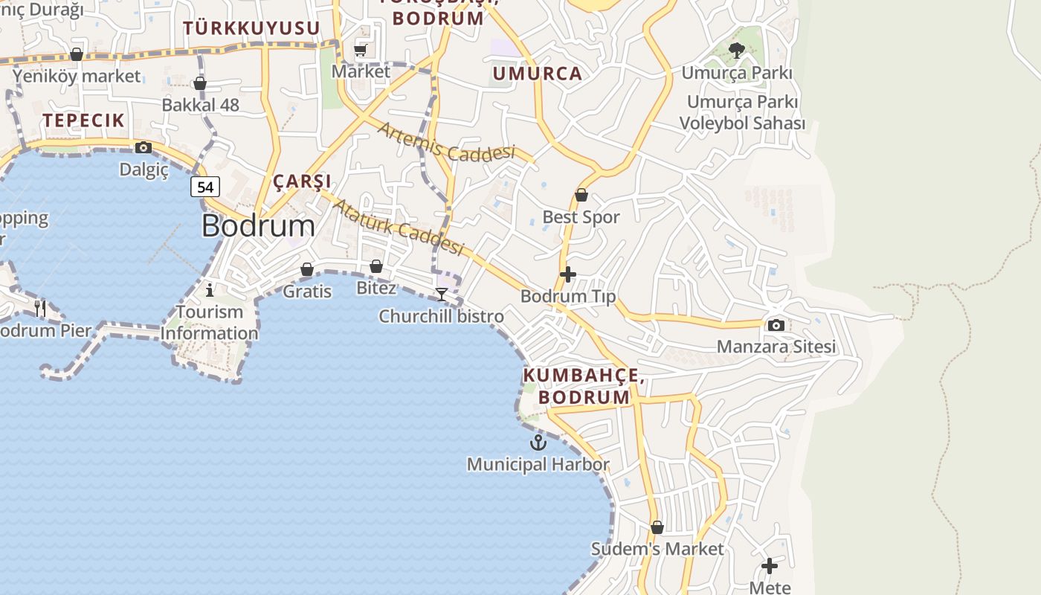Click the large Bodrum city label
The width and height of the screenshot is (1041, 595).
pyautogui.click(x=258, y=226)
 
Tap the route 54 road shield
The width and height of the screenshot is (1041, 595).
pyautogui.click(x=204, y=187)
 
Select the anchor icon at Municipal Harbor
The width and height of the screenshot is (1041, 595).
pyautogui.click(x=538, y=443)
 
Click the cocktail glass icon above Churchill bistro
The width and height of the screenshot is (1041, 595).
pyautogui.click(x=441, y=295)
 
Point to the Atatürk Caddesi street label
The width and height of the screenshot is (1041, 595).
pyautogui.click(x=398, y=226)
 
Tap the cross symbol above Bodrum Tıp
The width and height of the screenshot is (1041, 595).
pyautogui.click(x=568, y=274)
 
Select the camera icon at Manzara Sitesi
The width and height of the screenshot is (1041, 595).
pyautogui.click(x=776, y=325)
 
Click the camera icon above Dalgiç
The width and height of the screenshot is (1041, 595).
pyautogui.click(x=144, y=148)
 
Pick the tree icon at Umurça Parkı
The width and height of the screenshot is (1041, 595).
pyautogui.click(x=737, y=51)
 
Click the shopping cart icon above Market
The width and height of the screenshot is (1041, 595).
pyautogui.click(x=361, y=50)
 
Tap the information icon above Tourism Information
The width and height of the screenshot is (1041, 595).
pyautogui.click(x=210, y=289)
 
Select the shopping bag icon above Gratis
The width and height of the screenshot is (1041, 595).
pyautogui.click(x=306, y=269)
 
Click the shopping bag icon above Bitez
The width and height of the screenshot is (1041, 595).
pyautogui.click(x=376, y=266)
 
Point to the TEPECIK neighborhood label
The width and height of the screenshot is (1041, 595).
pyautogui.click(x=83, y=120)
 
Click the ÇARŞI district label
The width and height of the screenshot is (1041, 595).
pyautogui.click(x=302, y=181)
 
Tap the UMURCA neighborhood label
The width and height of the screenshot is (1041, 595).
pyautogui.click(x=537, y=74)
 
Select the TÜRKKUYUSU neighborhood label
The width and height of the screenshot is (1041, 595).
pyautogui.click(x=251, y=28)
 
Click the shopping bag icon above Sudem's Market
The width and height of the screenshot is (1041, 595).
pyautogui.click(x=657, y=527)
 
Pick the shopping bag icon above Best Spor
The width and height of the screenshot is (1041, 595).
pyautogui.click(x=581, y=196)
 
